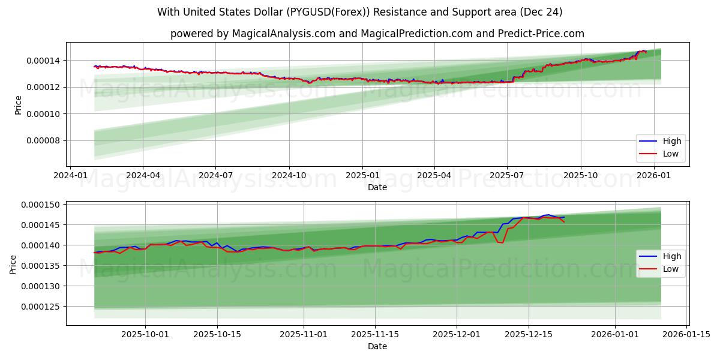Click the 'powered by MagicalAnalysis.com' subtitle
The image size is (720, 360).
pos(377,34)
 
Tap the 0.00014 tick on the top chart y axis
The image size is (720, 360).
pos(43,61)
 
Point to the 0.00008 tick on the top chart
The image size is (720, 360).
pos(43,141)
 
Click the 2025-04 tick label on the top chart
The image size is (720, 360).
pos(434,175)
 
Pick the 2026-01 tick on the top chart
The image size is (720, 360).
pos(653,175)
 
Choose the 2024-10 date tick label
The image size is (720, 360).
pos(289,175)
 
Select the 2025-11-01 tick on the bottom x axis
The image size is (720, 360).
pos(303,334)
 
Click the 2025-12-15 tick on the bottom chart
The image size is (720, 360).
pos(528,334)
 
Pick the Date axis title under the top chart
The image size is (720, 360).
pos(377,187)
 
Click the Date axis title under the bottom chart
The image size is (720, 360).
pos(377,346)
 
